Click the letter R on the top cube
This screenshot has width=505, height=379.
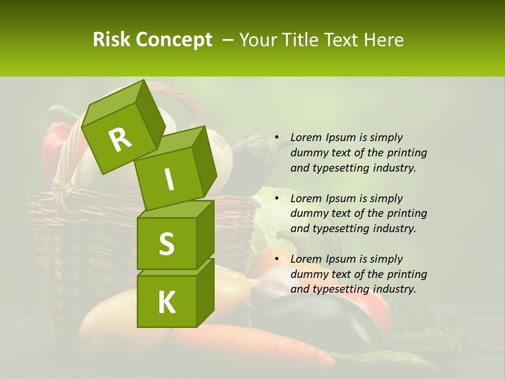click(x=120, y=140)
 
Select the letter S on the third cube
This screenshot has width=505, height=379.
click(x=166, y=244)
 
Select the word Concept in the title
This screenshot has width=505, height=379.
click(x=173, y=41)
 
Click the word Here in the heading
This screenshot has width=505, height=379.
click(x=386, y=39)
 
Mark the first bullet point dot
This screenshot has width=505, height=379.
click(x=276, y=138)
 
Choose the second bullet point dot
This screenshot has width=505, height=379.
click(x=276, y=198)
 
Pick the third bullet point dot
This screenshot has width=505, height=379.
click(x=276, y=259)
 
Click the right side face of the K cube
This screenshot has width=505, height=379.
click(x=205, y=292)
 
